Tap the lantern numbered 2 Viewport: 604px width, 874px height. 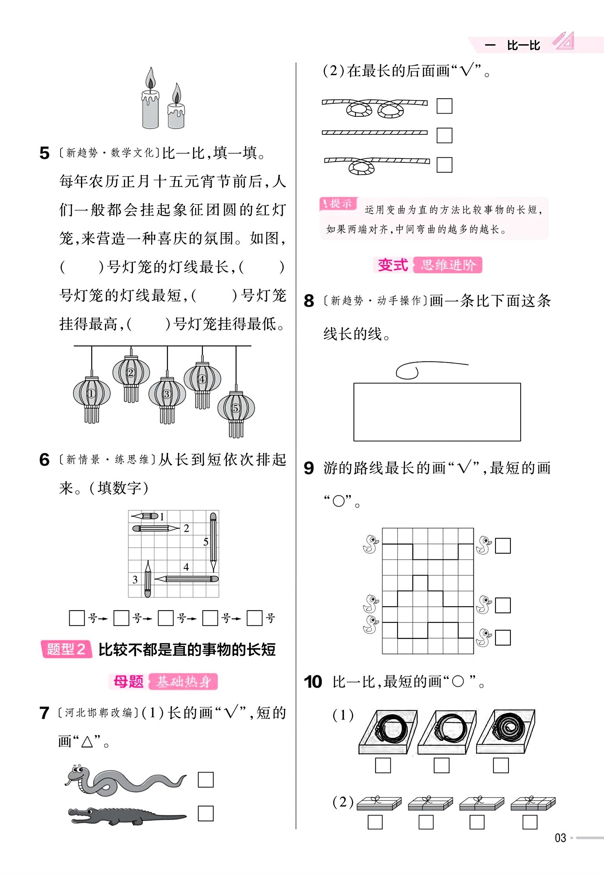tap(131, 372)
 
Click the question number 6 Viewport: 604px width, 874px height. tap(44, 460)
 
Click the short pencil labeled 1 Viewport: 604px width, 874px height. tap(145, 516)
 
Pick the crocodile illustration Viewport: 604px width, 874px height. tap(126, 816)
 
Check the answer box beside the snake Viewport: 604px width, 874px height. tap(205, 780)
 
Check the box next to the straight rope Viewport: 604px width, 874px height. tap(444, 135)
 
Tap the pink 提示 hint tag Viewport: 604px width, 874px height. tap(338, 204)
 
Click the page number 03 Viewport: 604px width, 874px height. tap(560, 838)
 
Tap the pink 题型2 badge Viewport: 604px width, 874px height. tap(66, 649)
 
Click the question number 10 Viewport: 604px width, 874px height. tap(313, 682)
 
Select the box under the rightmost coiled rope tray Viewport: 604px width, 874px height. tap(501, 765)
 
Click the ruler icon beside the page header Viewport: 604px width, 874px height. tap(563, 41)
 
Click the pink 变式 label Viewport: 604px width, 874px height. tap(392, 265)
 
